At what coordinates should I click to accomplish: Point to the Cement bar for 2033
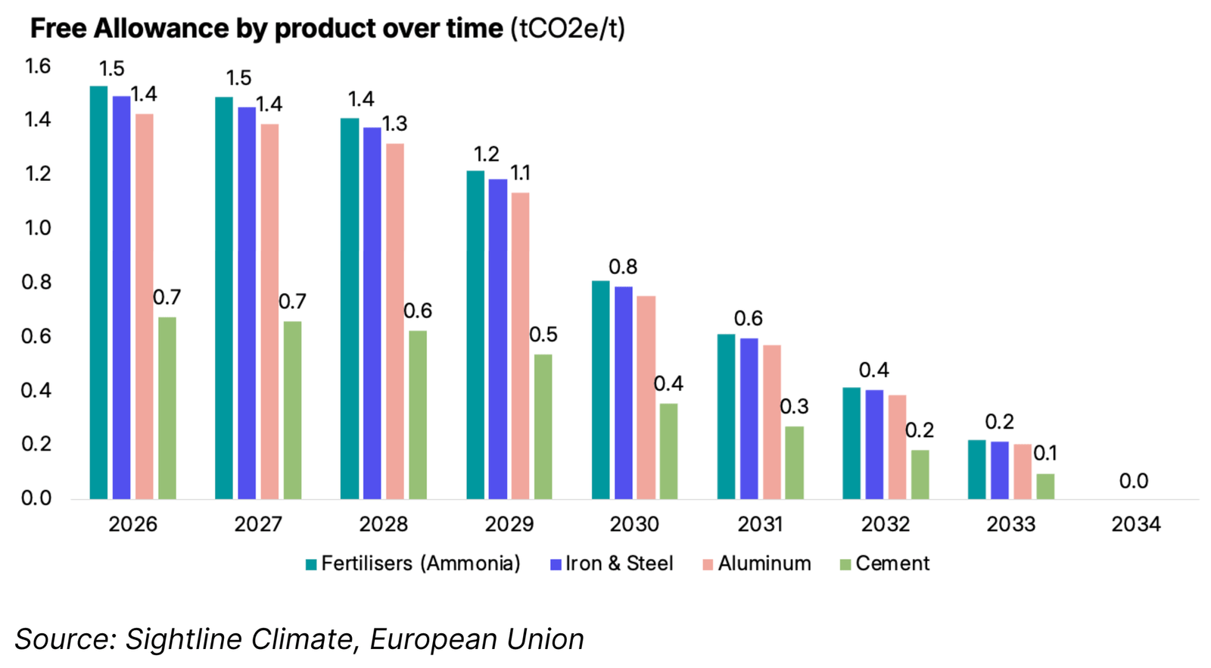pyautogui.click(x=1044, y=486)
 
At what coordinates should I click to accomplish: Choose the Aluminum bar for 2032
pyautogui.click(x=897, y=446)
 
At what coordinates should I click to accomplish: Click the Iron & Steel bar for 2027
pyautogui.click(x=247, y=302)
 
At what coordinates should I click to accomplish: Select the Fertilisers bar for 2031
pyautogui.click(x=726, y=416)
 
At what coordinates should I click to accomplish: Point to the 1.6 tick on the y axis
pyautogui.click(x=38, y=67)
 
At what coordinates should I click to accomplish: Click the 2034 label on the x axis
pyautogui.click(x=1135, y=524)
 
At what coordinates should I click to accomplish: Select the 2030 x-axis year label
pyautogui.click(x=634, y=524)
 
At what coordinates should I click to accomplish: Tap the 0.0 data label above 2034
pyautogui.click(x=1133, y=481)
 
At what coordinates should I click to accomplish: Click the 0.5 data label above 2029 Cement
pyautogui.click(x=543, y=335)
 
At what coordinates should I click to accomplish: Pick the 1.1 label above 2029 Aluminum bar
pyautogui.click(x=520, y=173)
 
